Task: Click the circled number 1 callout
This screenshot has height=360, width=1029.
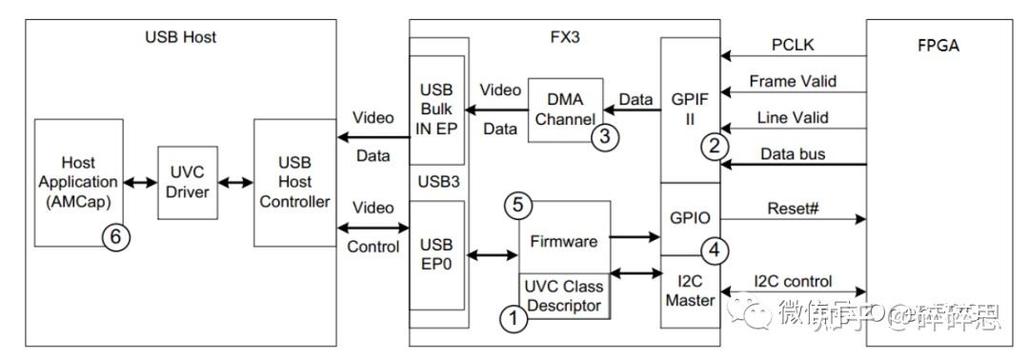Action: point(514,318)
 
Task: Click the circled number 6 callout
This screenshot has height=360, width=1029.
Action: point(115,239)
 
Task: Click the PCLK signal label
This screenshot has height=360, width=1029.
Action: point(793,45)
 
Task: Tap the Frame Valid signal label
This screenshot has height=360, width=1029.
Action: point(793,81)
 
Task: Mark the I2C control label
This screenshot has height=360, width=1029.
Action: point(793,281)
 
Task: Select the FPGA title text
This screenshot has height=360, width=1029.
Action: point(938,44)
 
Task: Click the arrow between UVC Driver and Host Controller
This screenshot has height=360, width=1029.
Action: point(232,181)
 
